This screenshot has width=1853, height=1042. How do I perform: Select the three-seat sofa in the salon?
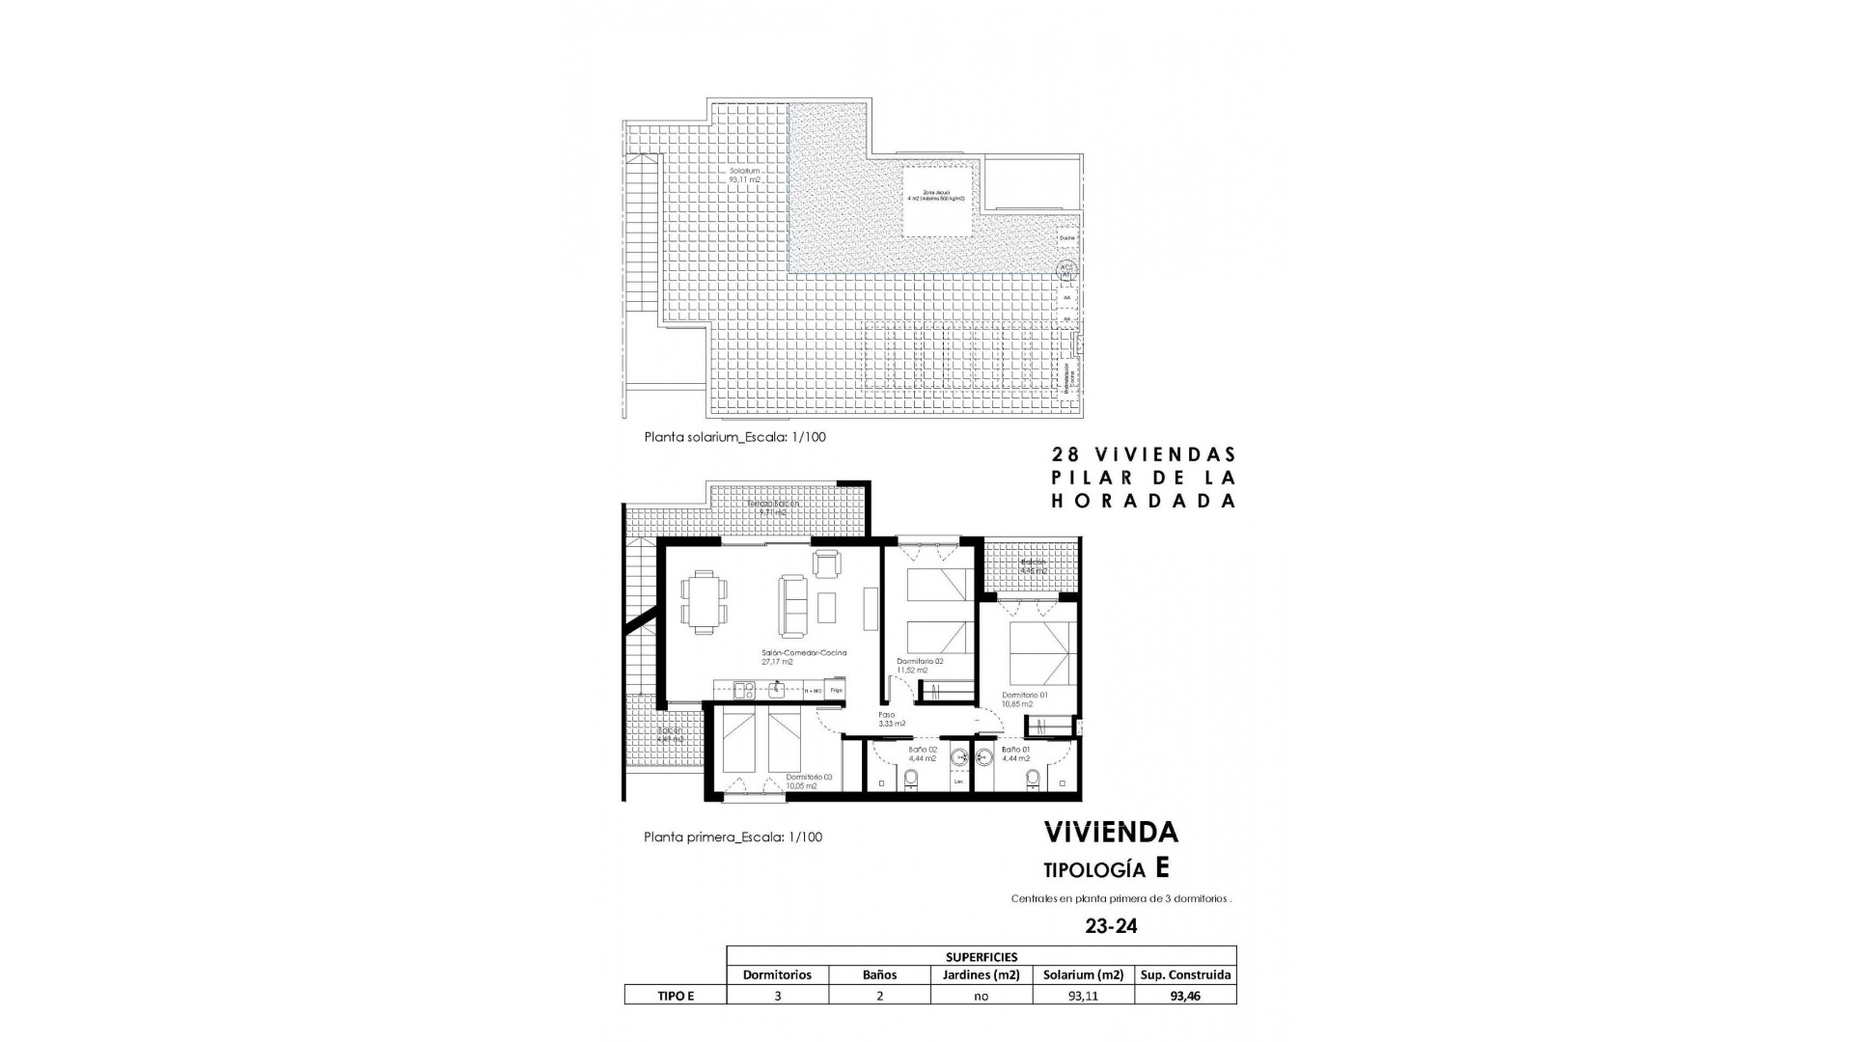point(793,606)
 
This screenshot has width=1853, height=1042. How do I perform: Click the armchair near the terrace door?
point(827,563)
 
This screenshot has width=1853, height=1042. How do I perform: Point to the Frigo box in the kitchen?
point(837,690)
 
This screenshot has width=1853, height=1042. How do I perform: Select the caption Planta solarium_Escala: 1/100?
point(734,437)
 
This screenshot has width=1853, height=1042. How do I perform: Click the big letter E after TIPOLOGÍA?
point(1162,867)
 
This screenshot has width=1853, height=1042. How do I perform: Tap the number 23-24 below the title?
point(1111,926)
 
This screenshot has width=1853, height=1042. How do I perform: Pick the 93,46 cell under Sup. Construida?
point(1185,996)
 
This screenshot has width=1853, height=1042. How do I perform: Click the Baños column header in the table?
point(879,974)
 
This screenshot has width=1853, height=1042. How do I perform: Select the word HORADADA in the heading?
point(1143,501)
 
